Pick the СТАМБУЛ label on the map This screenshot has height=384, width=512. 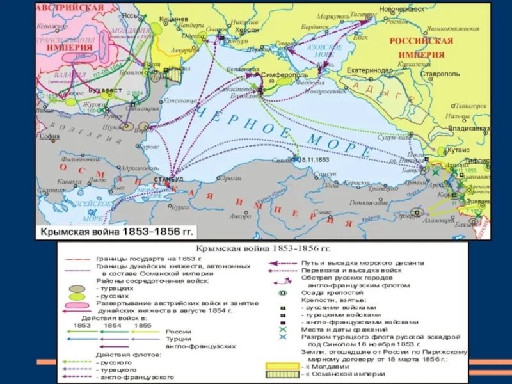(x=168, y=179)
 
